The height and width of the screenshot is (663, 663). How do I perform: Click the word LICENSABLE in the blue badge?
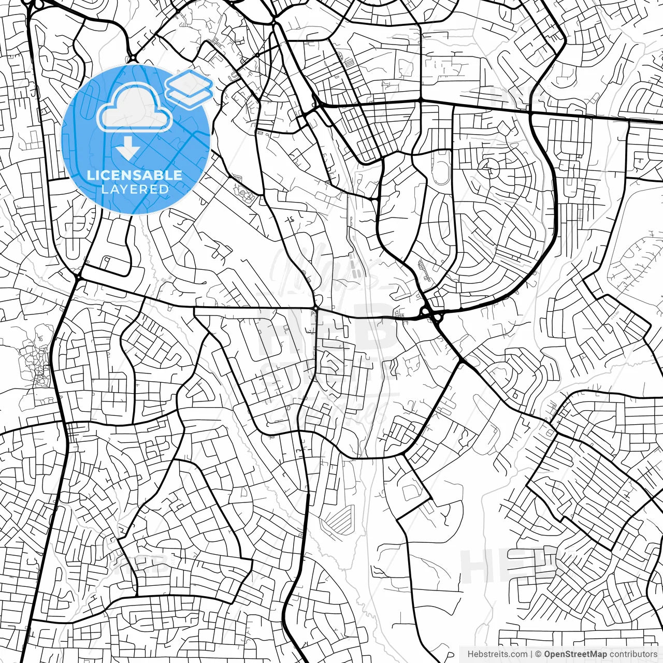(x=135, y=175)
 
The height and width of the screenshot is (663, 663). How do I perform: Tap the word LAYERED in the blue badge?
(x=135, y=189)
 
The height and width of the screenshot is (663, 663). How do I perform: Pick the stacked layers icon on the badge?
(x=190, y=89)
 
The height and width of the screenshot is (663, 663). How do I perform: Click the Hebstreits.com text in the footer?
(x=497, y=654)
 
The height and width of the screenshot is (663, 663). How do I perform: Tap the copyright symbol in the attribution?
(x=538, y=654)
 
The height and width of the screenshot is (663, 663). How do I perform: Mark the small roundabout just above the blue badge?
(x=132, y=59)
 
